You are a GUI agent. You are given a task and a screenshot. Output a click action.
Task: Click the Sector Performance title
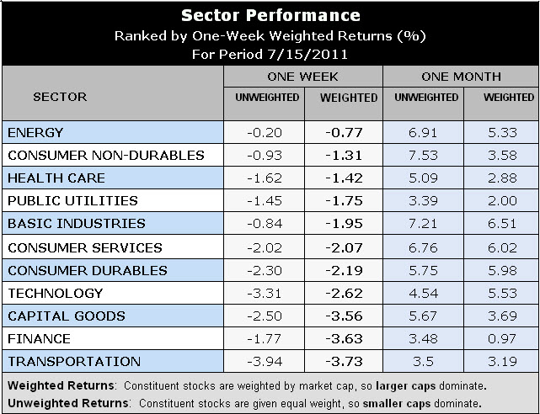(x=270, y=15)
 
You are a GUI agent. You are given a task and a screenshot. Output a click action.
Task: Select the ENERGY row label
(x=35, y=133)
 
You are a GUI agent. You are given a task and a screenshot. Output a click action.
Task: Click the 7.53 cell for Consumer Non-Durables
(x=425, y=156)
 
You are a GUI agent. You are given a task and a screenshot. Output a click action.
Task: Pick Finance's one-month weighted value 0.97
(x=503, y=339)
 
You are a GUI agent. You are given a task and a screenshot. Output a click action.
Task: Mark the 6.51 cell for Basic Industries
(x=503, y=225)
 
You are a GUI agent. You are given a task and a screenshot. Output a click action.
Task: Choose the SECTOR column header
(x=59, y=97)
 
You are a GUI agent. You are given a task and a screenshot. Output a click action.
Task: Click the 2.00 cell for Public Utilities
(x=503, y=202)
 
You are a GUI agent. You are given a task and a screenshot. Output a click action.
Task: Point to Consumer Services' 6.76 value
(x=425, y=248)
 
